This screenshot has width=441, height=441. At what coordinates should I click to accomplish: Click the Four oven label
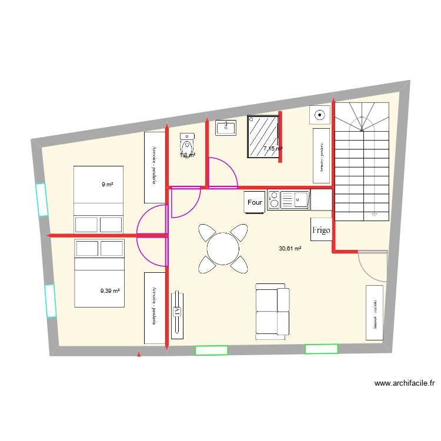[x=255, y=202]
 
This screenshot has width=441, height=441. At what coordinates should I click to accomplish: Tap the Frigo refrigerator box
[x=322, y=230]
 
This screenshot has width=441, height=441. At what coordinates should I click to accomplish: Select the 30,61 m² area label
[x=290, y=249]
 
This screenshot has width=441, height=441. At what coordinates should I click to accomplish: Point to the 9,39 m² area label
[x=110, y=290]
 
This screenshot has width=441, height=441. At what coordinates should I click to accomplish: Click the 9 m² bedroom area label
[x=107, y=185]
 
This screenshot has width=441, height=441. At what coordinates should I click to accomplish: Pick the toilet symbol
[x=187, y=146]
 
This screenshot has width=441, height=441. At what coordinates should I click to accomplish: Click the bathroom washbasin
[x=225, y=128]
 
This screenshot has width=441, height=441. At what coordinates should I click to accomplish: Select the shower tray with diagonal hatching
[x=263, y=136]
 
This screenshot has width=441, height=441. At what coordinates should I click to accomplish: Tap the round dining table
[x=223, y=249]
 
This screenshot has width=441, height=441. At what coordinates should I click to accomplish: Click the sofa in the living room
[x=272, y=312]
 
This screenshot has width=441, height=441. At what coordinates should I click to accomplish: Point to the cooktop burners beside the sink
[x=274, y=200]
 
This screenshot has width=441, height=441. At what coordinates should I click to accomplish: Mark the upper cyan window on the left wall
[x=41, y=199]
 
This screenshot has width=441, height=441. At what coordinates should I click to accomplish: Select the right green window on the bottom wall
[x=321, y=349]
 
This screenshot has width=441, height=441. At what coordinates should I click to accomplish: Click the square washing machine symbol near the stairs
[x=320, y=116]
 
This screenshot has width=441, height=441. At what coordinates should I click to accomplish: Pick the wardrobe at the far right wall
[x=374, y=313]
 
